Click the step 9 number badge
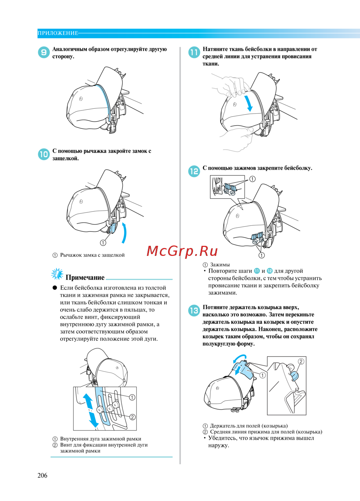[x=44, y=52]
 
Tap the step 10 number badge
[x=44, y=154]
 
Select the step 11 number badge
[x=194, y=52]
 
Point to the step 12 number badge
[x=194, y=172]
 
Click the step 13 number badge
[x=194, y=311]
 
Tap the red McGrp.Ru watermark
[x=182, y=251]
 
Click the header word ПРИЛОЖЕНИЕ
[x=58, y=33]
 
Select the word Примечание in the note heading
[x=85, y=277]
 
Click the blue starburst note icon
[x=57, y=274]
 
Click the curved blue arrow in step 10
[x=125, y=233]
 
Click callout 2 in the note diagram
[x=132, y=417]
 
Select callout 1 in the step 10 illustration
[x=103, y=243]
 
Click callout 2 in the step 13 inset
[x=301, y=362]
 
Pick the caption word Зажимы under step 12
[x=220, y=265]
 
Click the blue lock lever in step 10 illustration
[x=112, y=228]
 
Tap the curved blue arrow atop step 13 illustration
[x=240, y=358]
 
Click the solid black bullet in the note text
[x=55, y=288]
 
